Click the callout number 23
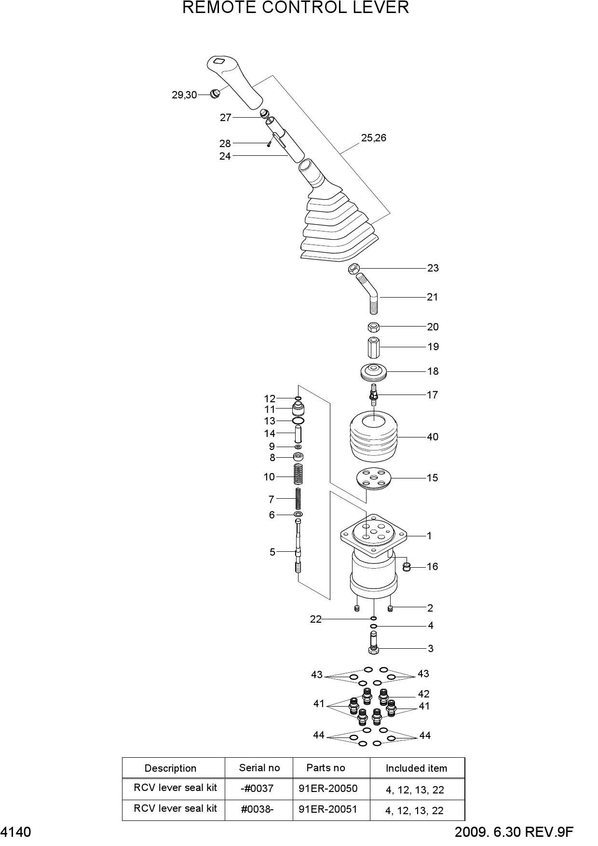click(x=433, y=268)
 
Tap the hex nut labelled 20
click(x=373, y=327)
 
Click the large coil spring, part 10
click(x=299, y=475)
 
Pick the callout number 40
click(x=433, y=437)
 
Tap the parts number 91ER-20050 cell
click(x=328, y=789)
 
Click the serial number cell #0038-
click(x=257, y=809)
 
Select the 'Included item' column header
click(x=416, y=768)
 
